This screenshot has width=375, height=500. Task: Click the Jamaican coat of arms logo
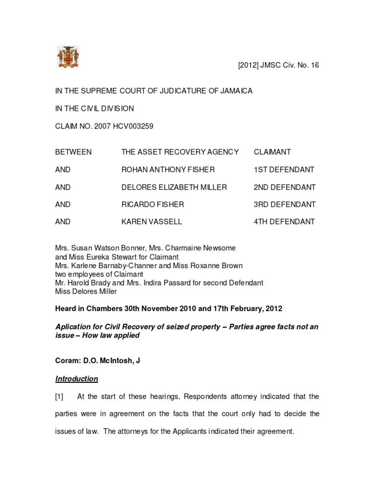pyautogui.click(x=68, y=57)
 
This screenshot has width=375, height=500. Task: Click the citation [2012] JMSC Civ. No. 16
pyautogui.click(x=278, y=65)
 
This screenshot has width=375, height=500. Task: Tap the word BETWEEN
pyautogui.click(x=73, y=152)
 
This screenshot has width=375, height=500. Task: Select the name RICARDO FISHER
pyautogui.click(x=152, y=204)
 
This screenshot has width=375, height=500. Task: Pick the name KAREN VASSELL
pyautogui.click(x=151, y=222)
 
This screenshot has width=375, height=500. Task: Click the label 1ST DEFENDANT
pyautogui.click(x=284, y=169)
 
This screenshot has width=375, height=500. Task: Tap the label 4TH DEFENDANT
pyautogui.click(x=284, y=222)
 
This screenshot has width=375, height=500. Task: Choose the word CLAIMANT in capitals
pyautogui.click(x=272, y=152)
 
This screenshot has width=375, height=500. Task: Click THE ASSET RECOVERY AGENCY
pyautogui.click(x=180, y=152)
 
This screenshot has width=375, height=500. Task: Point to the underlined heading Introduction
pyautogui.click(x=77, y=378)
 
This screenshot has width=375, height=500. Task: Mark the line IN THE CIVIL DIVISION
pyautogui.click(x=94, y=108)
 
